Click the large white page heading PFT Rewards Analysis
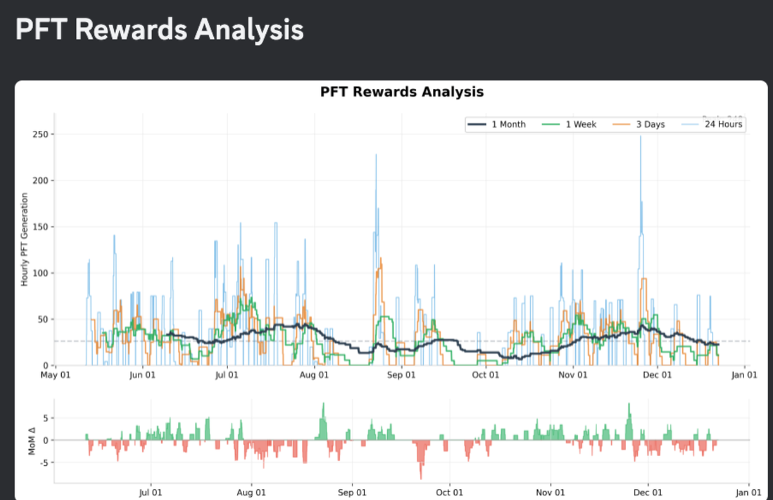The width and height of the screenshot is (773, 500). [159, 30]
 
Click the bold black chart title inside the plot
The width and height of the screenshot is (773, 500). [401, 92]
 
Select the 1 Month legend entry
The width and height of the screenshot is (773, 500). [497, 124]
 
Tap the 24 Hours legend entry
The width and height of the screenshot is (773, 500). [712, 124]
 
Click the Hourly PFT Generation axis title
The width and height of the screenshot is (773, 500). [24, 240]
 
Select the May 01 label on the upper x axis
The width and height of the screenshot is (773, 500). [55, 375]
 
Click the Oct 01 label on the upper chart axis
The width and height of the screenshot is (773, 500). [485, 375]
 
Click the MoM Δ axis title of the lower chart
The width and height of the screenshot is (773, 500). [32, 440]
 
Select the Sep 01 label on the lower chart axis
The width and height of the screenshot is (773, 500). [352, 492]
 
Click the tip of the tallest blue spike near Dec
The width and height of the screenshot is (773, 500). [640, 137]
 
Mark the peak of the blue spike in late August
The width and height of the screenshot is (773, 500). [376, 155]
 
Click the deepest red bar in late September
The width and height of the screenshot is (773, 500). [421, 477]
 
